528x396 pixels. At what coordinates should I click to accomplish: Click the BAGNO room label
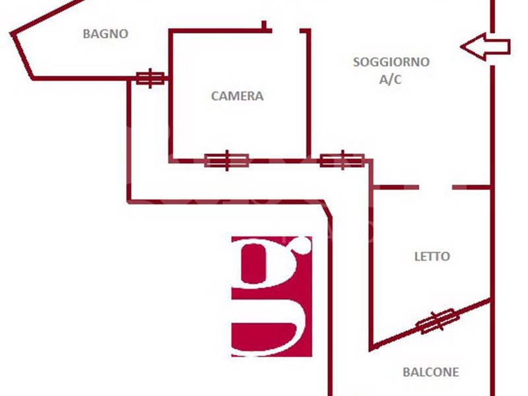coord(105,34)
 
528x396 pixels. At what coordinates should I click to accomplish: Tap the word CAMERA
coord(237,96)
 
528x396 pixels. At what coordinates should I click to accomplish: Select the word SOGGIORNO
coord(391,63)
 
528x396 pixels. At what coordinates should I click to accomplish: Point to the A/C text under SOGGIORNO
coord(390,79)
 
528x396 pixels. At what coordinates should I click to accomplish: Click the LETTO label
coord(432,257)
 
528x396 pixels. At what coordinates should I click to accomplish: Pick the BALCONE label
coord(430,372)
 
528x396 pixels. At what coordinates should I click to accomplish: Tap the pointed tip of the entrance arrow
coord(462,47)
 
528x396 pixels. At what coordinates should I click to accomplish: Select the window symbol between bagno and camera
coord(150,79)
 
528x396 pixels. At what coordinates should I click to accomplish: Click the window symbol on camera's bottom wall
coord(226,160)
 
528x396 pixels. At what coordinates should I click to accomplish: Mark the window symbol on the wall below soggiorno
coord(342,160)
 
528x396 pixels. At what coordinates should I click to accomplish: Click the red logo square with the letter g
coord(271,296)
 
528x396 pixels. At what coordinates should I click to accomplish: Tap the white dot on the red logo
coord(304,247)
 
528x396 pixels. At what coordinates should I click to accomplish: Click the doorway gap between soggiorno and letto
coord(436,187)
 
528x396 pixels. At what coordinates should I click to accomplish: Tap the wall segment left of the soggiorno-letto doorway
coord(395,187)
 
